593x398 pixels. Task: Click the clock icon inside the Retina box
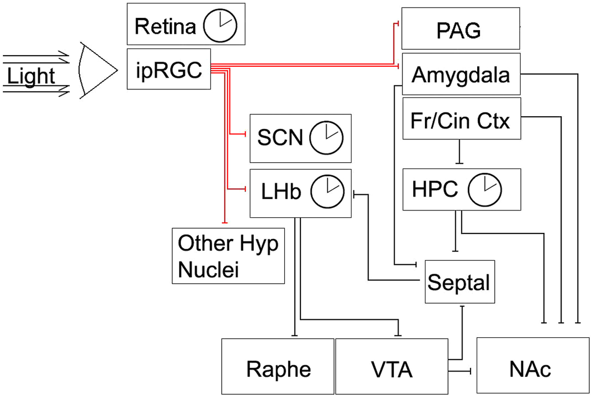[x=220, y=26]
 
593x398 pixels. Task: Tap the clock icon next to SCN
[x=326, y=138]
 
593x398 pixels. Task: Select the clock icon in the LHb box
[x=327, y=191]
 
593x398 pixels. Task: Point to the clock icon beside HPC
[x=485, y=190]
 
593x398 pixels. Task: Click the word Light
[x=31, y=76]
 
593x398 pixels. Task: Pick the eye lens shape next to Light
[x=97, y=70]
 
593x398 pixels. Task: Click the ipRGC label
[x=169, y=70]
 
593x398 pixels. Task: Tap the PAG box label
[x=459, y=31]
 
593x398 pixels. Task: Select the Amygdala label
[x=461, y=75]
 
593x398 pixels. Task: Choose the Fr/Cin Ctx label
[x=460, y=121]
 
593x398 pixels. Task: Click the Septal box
[x=460, y=281]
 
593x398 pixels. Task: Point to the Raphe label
[x=278, y=370]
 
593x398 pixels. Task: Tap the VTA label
[x=392, y=370]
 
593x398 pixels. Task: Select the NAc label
[x=530, y=369]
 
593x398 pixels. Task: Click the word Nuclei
[x=209, y=269]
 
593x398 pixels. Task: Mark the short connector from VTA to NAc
[x=460, y=371]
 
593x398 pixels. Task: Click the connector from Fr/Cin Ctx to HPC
[x=459, y=151]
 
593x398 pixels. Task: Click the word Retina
[x=166, y=27]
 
